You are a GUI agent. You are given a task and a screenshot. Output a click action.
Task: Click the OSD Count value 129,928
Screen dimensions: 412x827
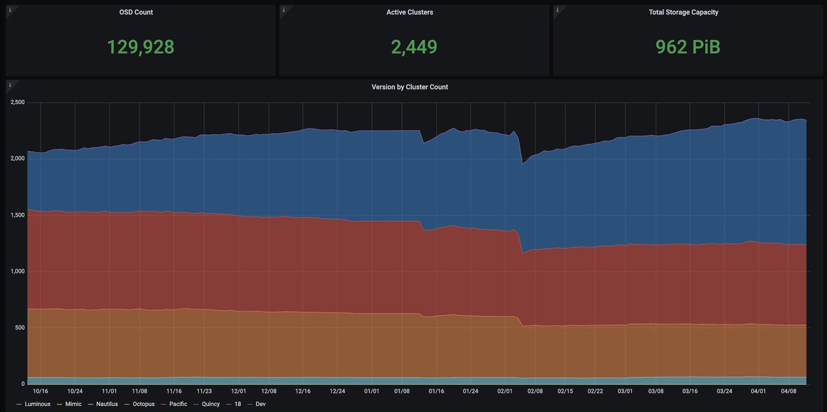pyautogui.click(x=141, y=47)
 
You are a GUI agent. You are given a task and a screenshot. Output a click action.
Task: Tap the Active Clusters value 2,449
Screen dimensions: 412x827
pyautogui.click(x=413, y=47)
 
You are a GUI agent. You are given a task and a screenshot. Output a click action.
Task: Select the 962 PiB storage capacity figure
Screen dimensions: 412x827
pyautogui.click(x=687, y=47)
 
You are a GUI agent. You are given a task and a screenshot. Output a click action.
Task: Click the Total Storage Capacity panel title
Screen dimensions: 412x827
pyautogui.click(x=687, y=12)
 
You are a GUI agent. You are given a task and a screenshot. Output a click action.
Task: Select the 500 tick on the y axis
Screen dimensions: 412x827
pyautogui.click(x=21, y=328)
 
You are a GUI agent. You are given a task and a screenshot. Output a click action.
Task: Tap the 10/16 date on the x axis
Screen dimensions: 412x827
pyautogui.click(x=41, y=391)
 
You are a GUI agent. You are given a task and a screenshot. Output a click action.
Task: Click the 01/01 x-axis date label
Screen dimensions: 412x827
pyautogui.click(x=371, y=391)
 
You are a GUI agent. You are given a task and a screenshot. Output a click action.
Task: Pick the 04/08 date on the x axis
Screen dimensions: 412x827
pyautogui.click(x=789, y=391)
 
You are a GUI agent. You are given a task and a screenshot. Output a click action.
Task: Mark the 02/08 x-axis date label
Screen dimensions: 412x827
pyautogui.click(x=535, y=391)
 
